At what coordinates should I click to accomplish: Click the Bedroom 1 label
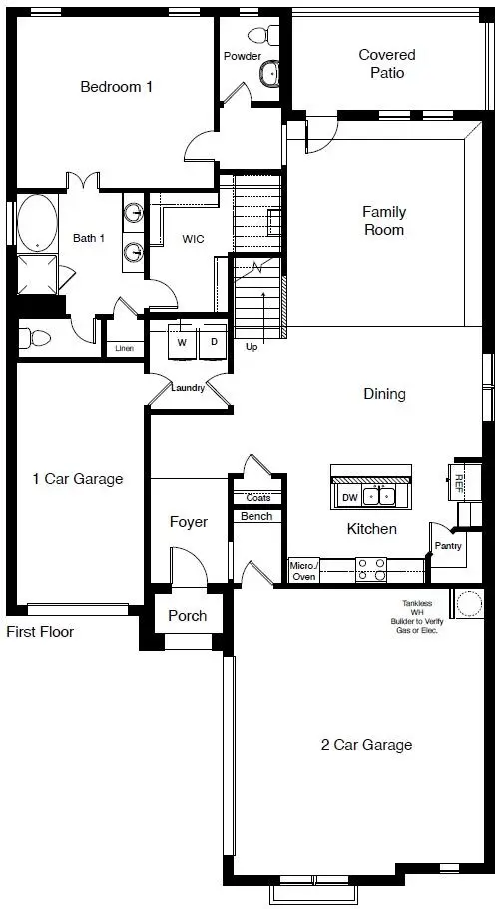click(116, 87)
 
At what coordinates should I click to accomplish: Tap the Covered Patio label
click(387, 64)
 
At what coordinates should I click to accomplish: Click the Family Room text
click(383, 221)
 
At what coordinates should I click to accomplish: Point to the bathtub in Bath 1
click(36, 223)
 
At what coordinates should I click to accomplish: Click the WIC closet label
click(194, 240)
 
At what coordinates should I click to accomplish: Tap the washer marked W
click(182, 342)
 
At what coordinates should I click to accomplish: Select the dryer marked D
click(213, 342)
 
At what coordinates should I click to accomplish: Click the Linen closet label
click(124, 349)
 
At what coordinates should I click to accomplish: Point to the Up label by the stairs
click(252, 347)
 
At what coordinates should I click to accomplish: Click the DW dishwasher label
click(349, 496)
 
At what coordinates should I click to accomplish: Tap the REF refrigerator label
click(459, 483)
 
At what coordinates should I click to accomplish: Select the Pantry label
click(446, 547)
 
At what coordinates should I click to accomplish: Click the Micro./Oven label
click(303, 570)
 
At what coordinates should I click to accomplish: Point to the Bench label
click(256, 516)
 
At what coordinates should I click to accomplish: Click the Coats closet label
click(257, 498)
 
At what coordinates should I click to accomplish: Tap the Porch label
click(187, 616)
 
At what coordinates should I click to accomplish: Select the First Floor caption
click(40, 632)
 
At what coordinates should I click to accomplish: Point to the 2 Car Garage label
click(366, 745)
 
